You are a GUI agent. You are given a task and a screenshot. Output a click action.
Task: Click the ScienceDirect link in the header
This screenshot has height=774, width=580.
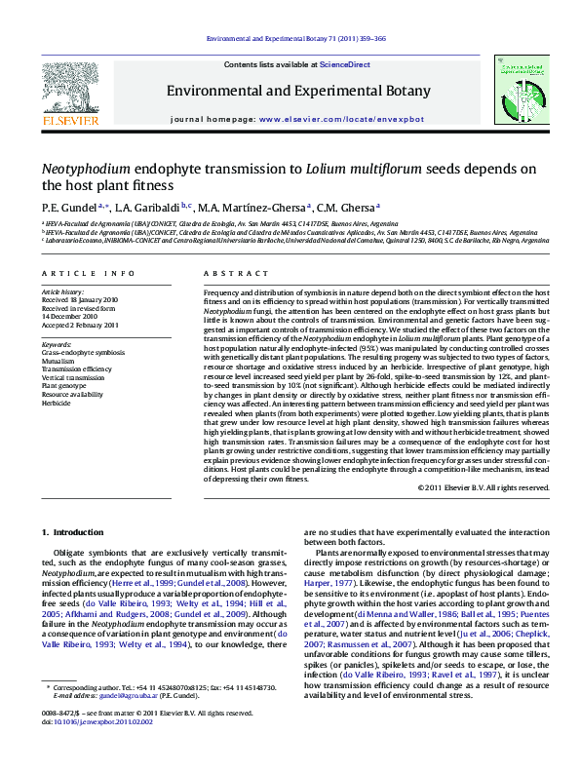coord(346,64)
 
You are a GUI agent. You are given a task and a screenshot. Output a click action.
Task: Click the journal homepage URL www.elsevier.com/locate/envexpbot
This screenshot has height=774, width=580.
coord(340,118)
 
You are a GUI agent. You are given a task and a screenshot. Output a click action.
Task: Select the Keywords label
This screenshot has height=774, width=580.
coord(57,344)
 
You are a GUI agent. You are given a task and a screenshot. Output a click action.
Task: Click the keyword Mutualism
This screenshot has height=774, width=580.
coord(59,360)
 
